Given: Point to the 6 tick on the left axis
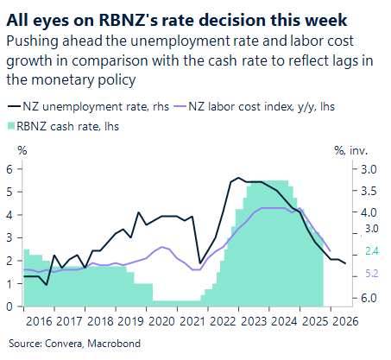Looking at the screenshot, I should tap(10, 169).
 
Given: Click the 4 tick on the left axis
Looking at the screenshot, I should tap(10, 215).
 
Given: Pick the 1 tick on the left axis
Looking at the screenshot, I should tap(10, 283).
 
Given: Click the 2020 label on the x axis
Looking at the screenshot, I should tap(162, 322).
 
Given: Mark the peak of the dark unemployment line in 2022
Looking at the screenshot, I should tap(236, 178).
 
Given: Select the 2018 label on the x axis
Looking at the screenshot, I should tap(99, 322).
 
